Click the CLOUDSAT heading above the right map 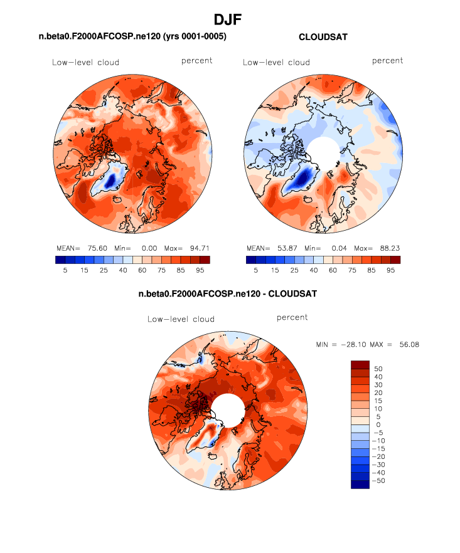click(323, 38)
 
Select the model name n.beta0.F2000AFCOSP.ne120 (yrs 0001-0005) click(132, 38)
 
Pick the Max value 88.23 click(388, 248)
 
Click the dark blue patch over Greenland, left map click(111, 181)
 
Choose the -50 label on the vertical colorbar click(378, 480)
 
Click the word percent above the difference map click(292, 318)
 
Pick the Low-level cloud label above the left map click(86, 62)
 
